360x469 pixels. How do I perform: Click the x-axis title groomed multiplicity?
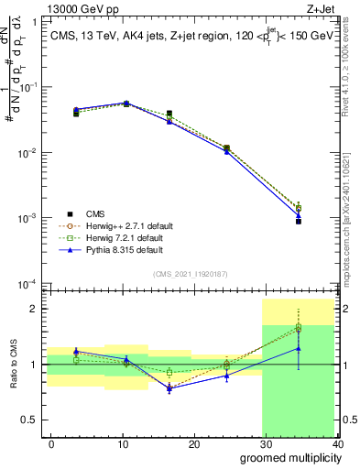pyautogui.click(x=287, y=457)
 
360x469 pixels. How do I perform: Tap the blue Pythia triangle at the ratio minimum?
pyautogui.click(x=169, y=388)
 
